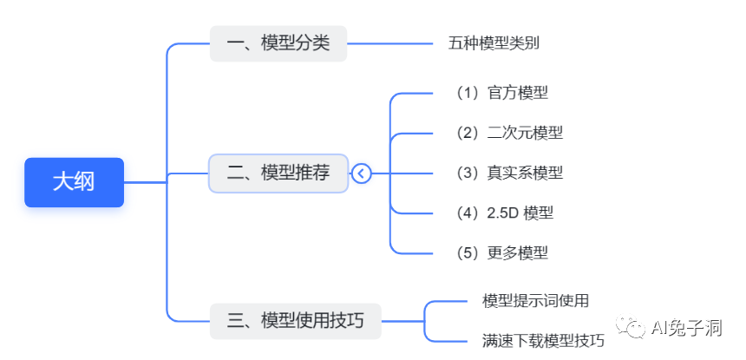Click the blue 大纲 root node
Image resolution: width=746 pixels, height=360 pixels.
pyautogui.click(x=74, y=182)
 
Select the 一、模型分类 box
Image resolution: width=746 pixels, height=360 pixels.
pyautogui.click(x=278, y=43)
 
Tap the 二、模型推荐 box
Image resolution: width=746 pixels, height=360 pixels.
pyautogui.click(x=278, y=173)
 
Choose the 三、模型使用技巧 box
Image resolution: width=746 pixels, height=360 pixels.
pyautogui.click(x=295, y=321)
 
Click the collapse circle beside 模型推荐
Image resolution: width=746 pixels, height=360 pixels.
pyautogui.click(x=362, y=173)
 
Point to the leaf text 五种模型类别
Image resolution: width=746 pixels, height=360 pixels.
pyautogui.click(x=494, y=43)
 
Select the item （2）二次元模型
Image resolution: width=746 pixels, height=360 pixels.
pyautogui.click(x=508, y=133)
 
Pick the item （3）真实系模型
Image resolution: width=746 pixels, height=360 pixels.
pyautogui.click(x=508, y=173)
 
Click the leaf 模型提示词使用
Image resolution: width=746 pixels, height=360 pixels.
pyautogui.click(x=535, y=301)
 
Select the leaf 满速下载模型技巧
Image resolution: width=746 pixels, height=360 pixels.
pyautogui.click(x=543, y=340)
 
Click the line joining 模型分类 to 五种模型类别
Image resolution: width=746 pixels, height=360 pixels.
pyautogui.click(x=390, y=43)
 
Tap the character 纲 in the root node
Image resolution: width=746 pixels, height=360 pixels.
pyautogui.click(x=85, y=182)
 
